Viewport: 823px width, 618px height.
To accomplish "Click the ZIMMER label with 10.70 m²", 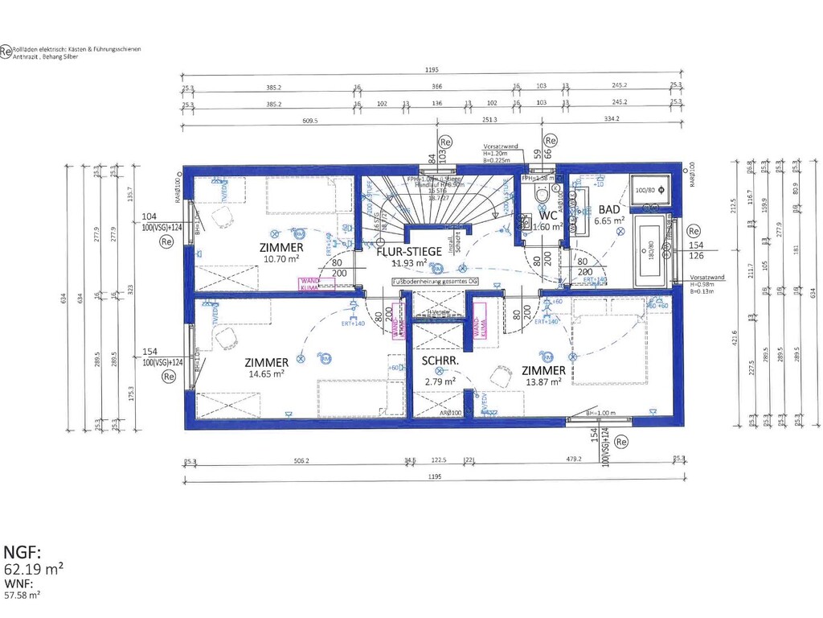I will click(x=280, y=247).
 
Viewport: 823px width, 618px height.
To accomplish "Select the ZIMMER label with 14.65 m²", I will click(x=266, y=363).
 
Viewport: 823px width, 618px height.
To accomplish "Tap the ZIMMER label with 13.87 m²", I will click(x=544, y=370).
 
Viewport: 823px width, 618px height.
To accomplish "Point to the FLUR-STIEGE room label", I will click(x=409, y=251).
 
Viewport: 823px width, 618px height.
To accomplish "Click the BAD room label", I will click(x=608, y=208).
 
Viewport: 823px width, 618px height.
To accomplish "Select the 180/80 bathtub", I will click(x=652, y=249).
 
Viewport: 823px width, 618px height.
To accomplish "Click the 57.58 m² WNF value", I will click(x=23, y=595).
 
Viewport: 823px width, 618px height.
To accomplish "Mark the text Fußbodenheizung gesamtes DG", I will click(x=435, y=282).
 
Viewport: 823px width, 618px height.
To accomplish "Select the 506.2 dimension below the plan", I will click(x=302, y=461).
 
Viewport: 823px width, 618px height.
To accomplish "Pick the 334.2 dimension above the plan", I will click(x=612, y=120).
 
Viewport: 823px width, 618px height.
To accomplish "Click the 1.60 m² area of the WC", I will click(x=547, y=227).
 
